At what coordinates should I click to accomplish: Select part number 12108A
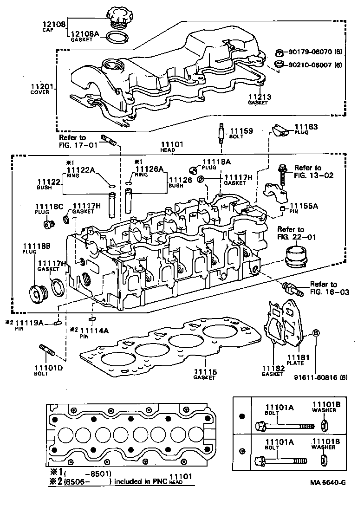tap(85, 34)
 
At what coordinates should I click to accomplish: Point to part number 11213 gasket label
tap(258, 97)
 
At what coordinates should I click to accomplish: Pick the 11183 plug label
tap(305, 126)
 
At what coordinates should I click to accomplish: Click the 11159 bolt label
tap(241, 131)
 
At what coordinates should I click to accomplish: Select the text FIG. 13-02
tap(314, 176)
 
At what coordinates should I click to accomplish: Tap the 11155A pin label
tap(304, 207)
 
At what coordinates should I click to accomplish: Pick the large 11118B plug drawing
tap(37, 293)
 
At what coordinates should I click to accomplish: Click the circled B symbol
tap(316, 333)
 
